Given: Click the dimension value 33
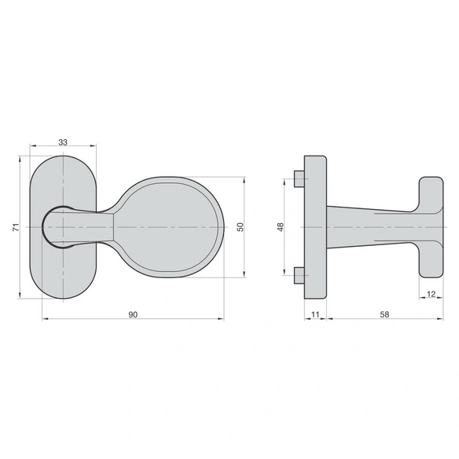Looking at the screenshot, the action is [x=63, y=142].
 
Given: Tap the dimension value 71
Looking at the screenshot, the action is [x=16, y=227].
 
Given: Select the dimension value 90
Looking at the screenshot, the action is [x=133, y=314].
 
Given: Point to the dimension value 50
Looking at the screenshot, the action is [x=241, y=227].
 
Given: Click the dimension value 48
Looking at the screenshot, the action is [x=281, y=227].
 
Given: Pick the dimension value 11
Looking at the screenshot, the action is [x=315, y=314].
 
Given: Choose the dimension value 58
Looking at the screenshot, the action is [x=384, y=314].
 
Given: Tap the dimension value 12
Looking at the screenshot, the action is [x=431, y=294].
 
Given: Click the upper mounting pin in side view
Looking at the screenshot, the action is [x=299, y=179].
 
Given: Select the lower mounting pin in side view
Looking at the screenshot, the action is [x=299, y=275].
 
